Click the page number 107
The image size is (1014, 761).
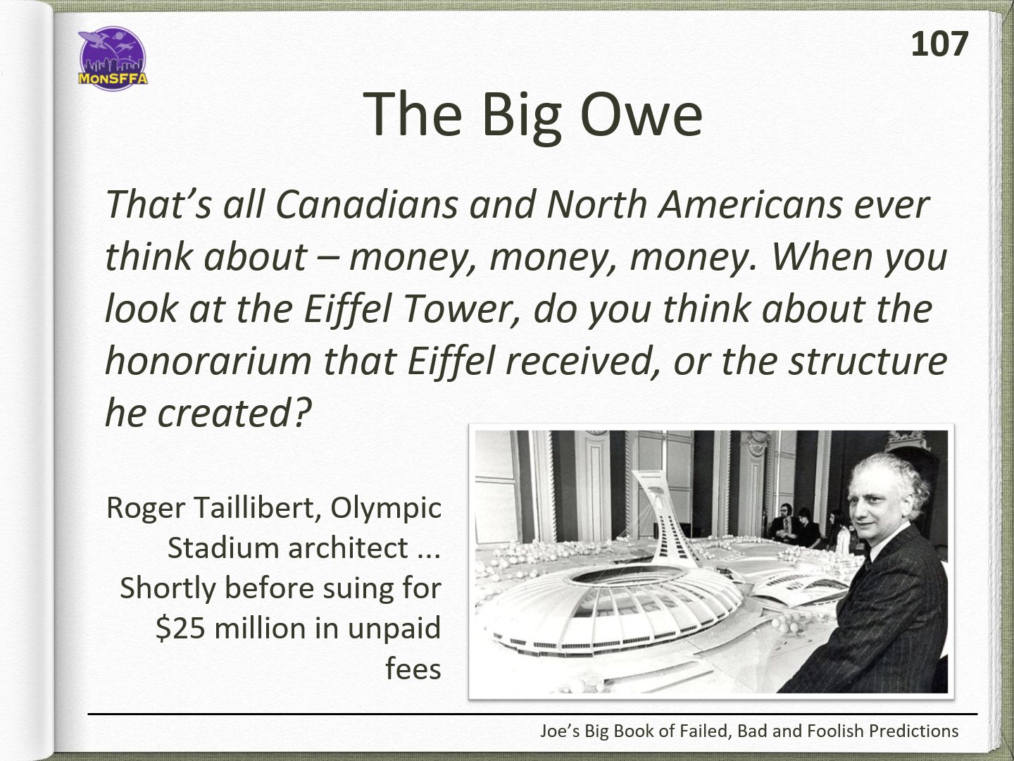tap(939, 44)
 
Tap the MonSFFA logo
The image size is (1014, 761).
tap(113, 58)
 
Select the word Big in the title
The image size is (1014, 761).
tap(521, 117)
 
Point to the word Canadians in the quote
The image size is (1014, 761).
tap(366, 204)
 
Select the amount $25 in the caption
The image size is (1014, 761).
tap(180, 629)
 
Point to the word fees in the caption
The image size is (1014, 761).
tap(413, 669)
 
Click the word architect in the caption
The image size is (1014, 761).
tap(348, 548)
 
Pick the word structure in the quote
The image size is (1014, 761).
tap(868, 361)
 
